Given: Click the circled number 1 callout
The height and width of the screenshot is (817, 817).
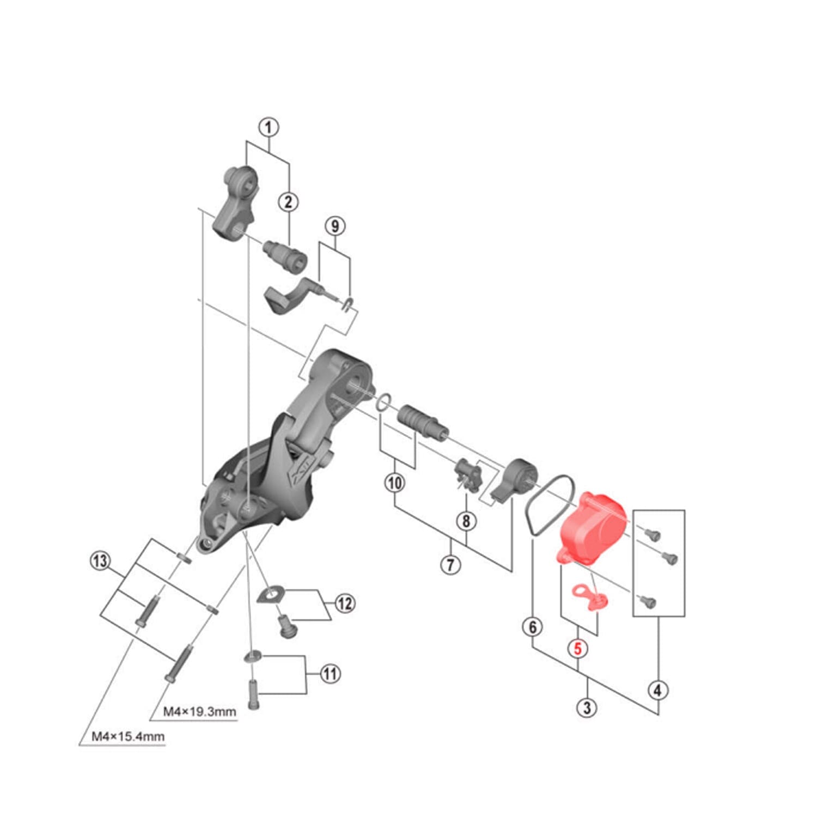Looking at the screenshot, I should tap(268, 128).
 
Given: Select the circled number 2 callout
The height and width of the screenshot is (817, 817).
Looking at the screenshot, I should tap(289, 202).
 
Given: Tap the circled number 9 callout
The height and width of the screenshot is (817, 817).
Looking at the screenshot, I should tap(335, 226).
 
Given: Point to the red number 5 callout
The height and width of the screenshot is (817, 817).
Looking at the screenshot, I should tap(578, 648).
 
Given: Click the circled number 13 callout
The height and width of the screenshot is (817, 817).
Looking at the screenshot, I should tap(100, 561).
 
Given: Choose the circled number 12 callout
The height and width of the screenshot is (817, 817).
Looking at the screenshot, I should tap(344, 603).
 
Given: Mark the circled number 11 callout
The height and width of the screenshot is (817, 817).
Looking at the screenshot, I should tap(330, 674).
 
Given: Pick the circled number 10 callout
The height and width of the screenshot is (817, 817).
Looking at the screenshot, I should tap(395, 483).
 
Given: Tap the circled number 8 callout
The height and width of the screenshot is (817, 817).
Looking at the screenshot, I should tap(466, 521).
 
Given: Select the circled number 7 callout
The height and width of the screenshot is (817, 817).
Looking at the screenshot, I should tap(450, 565).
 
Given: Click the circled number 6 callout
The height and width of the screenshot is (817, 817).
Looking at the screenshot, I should tap(533, 627).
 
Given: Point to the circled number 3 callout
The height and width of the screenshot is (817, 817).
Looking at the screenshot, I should tap(587, 708).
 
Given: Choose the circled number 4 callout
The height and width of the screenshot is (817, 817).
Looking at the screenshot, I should tap(658, 690).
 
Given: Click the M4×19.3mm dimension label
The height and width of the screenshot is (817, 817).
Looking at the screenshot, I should tap(199, 711).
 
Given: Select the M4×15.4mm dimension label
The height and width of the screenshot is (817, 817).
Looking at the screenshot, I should tap(127, 736).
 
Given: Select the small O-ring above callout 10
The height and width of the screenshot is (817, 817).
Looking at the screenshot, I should tap(383, 402).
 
